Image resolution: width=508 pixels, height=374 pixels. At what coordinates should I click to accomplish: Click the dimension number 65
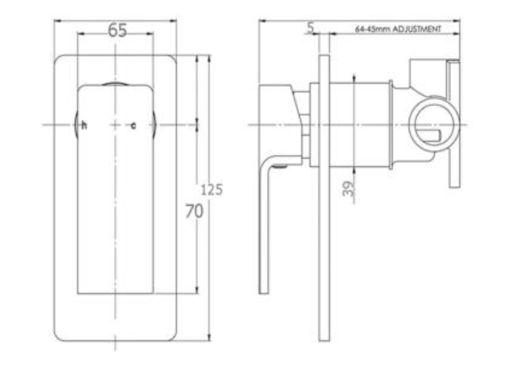[x=118, y=30]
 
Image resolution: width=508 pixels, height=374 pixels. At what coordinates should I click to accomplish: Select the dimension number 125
[x=211, y=189]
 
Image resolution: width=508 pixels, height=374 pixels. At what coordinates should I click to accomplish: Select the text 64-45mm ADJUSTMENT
[x=398, y=30]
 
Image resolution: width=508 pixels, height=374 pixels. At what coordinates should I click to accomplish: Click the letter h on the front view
[x=84, y=126]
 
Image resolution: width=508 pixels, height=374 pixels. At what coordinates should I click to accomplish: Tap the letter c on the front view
[x=133, y=126]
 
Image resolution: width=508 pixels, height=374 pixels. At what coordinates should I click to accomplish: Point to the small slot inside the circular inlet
[x=429, y=133]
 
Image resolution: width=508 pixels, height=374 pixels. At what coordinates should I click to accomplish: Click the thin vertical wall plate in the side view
[x=324, y=211]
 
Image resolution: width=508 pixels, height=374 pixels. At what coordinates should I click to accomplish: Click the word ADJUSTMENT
[x=417, y=30]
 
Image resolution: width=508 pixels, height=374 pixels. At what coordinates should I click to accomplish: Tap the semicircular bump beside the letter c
[x=151, y=125]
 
